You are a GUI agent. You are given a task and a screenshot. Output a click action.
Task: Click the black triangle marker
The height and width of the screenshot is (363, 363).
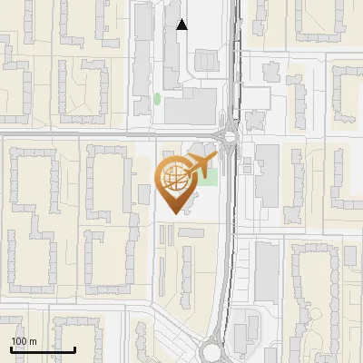click(x=182, y=25)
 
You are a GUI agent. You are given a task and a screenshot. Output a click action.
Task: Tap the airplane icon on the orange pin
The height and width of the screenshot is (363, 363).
click(x=201, y=166)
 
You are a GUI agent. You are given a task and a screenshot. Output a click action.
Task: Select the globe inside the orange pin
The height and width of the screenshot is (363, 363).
click(x=174, y=177)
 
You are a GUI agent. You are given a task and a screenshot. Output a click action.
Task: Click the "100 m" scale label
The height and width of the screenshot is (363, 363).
click(x=24, y=341)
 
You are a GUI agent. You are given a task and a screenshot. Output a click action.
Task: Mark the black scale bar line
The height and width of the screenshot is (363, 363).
click(x=43, y=349)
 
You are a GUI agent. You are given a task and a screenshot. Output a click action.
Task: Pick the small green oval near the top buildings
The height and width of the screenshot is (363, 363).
click(x=157, y=98)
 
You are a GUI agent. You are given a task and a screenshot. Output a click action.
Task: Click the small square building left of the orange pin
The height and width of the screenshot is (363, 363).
click(x=144, y=194)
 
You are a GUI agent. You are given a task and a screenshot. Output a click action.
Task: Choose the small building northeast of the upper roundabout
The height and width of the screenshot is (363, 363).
click(x=255, y=119)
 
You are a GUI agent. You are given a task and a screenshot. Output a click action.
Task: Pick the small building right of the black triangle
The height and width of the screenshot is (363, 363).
click(x=205, y=61)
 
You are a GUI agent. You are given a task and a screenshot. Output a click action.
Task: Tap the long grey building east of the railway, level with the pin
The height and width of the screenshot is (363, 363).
click(x=267, y=173)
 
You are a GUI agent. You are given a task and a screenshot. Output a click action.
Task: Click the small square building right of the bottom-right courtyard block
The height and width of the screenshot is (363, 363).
click(x=349, y=256)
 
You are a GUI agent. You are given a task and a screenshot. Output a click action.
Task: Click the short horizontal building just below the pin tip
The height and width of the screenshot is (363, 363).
click(x=191, y=233)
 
